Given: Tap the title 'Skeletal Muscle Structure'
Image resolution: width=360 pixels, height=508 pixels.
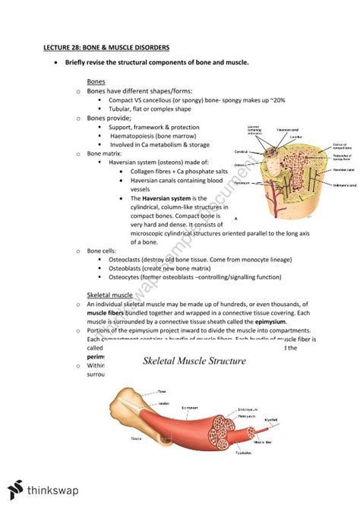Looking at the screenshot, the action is (194, 361).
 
